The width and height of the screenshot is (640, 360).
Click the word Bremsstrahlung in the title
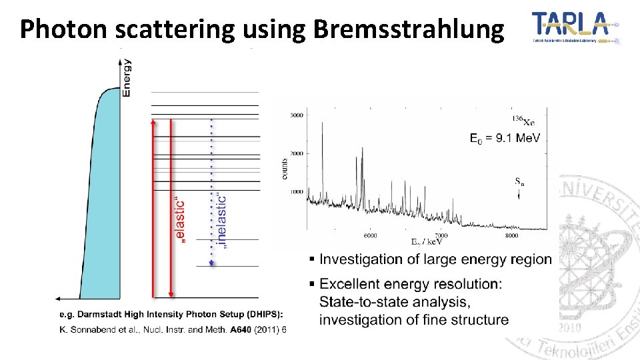(x=408, y=29)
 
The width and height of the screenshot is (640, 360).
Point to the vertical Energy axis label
(x=127, y=78)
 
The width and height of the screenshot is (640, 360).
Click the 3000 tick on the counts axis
(x=297, y=115)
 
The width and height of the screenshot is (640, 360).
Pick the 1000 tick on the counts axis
(x=297, y=191)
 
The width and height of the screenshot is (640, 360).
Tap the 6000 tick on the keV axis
(x=370, y=235)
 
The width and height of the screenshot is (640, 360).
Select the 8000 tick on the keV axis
(x=511, y=235)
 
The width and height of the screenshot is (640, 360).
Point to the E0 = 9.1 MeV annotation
(x=505, y=139)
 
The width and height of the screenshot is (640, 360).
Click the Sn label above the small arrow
(x=519, y=181)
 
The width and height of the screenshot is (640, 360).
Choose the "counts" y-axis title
(x=285, y=167)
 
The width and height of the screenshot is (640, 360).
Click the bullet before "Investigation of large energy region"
(x=311, y=259)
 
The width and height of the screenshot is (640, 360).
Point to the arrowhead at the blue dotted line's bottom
(x=211, y=263)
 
